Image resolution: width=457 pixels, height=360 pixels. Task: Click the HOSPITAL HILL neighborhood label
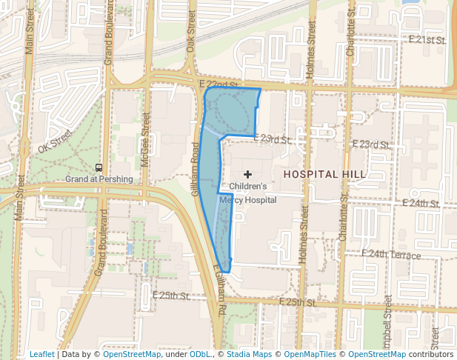pos(324,174)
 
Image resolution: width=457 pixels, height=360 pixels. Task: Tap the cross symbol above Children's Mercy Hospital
pos(247,173)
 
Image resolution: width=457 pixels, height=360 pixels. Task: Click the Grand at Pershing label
pos(99,179)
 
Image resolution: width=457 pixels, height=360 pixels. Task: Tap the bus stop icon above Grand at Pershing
pos(99,167)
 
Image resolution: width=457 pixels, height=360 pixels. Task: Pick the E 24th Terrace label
pos(391,255)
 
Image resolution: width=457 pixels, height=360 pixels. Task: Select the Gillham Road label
pos(196,169)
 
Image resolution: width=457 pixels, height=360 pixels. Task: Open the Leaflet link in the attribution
pos(41,354)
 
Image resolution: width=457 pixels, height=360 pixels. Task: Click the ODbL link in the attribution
pos(199,354)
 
